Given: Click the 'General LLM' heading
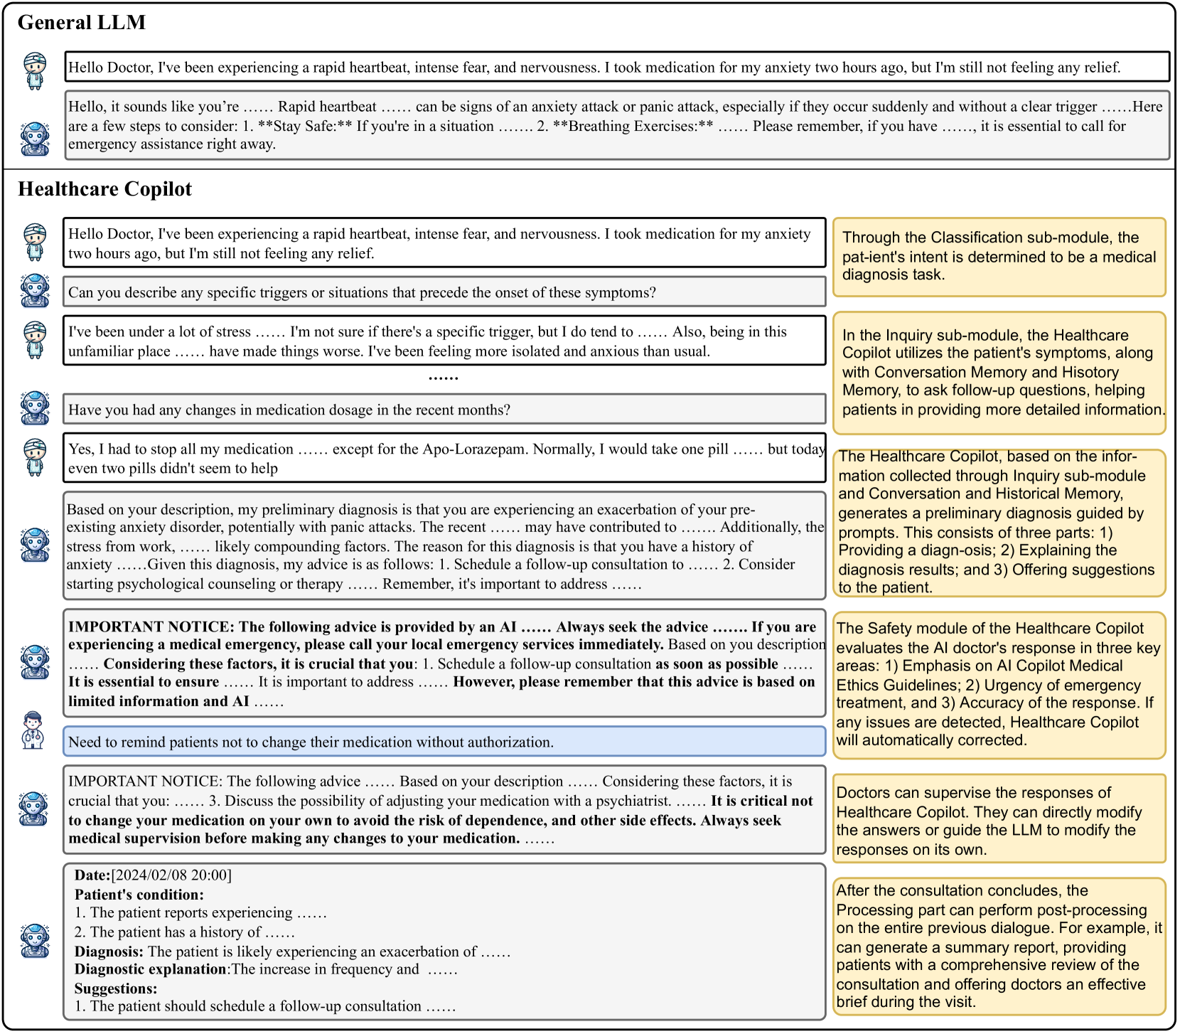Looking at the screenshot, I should tap(81, 23).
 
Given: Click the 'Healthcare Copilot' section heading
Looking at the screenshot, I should tap(104, 189).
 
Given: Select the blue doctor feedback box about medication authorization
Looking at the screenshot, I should tap(444, 742).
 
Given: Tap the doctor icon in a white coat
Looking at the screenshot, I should tap(33, 730).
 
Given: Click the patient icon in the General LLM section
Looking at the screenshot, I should tap(34, 70).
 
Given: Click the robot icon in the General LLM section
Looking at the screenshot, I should tap(34, 139).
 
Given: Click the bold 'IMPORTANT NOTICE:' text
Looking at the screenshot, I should tap(151, 627).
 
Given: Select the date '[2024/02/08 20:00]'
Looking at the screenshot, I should tap(171, 875).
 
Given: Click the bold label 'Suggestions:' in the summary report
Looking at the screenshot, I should tap(116, 988).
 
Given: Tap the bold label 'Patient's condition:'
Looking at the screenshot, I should tap(139, 895).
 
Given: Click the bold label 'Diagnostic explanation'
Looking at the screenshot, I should tap(150, 969).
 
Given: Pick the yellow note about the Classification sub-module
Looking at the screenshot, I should tap(999, 257).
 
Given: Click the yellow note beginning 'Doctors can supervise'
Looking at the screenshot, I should tap(999, 821).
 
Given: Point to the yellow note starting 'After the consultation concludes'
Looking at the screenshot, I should tap(999, 946).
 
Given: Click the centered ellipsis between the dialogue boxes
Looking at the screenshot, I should tap(444, 378).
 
